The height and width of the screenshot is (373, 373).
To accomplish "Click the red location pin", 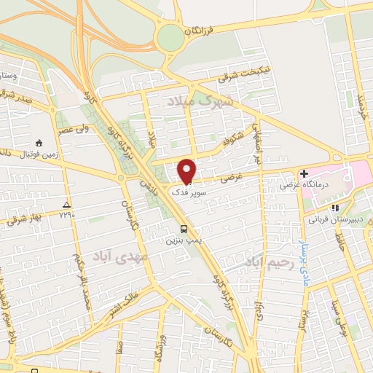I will coord(187,170).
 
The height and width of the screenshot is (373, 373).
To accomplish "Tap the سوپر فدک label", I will coord(189,192).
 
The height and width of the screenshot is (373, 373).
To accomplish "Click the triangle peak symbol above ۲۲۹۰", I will coord(67,205).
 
